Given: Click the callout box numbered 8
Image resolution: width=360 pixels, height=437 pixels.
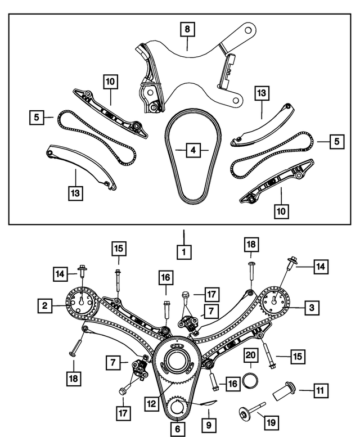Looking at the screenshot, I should [x=188, y=29].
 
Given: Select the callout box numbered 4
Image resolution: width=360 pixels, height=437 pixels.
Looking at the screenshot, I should [x=192, y=150].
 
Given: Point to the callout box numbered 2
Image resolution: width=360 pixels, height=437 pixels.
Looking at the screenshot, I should [x=44, y=307].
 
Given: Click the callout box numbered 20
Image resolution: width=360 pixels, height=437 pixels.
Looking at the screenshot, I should [x=250, y=355].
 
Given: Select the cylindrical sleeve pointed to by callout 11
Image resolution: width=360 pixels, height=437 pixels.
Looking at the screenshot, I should [x=285, y=390].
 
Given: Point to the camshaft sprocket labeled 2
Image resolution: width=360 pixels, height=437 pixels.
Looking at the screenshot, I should [x=82, y=302].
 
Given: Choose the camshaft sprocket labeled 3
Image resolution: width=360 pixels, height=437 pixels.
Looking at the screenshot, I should [x=275, y=302].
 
